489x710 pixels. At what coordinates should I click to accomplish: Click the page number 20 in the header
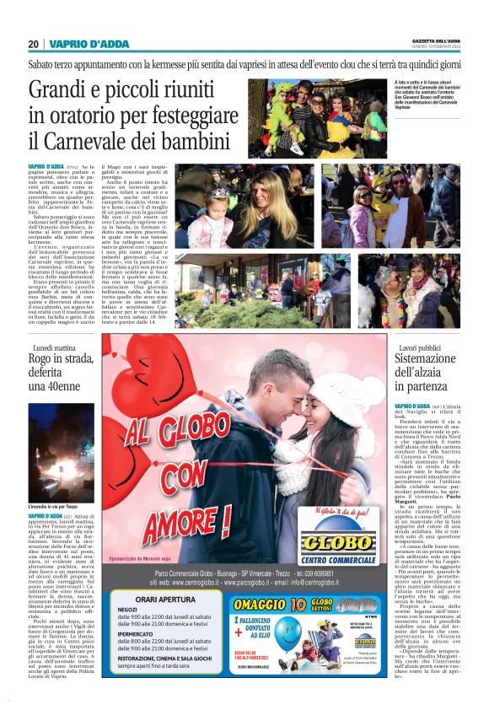[33, 44]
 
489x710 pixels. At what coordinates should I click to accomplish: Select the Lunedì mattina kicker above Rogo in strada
[55, 347]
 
